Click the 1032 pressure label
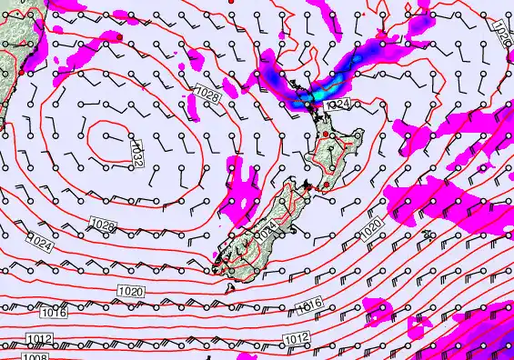[137, 151]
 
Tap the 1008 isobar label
[35, 356]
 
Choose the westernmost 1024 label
[39, 244]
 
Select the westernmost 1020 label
[130, 291]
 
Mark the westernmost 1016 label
[54, 314]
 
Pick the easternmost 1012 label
[294, 337]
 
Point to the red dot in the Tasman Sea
[119, 35]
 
